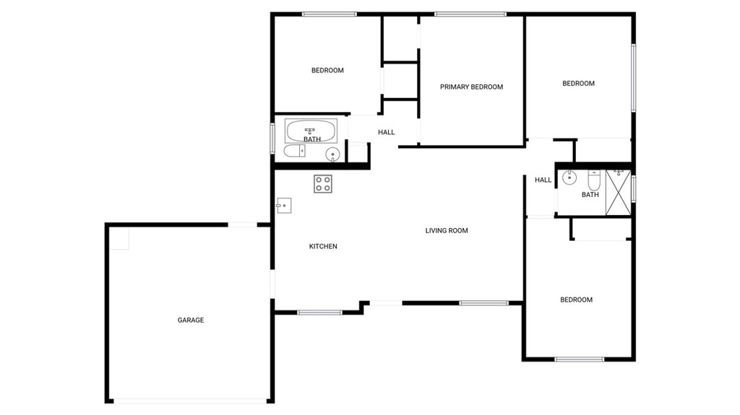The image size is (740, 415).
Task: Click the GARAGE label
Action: tap(191, 320)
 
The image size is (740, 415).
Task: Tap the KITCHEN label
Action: tap(323, 246)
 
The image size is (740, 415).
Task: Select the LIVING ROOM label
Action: tap(447, 231)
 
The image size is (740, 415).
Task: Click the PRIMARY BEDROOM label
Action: tap(471, 87)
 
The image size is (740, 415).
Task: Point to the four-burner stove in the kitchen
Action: tap(323, 184)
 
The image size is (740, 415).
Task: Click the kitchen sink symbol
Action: tap(283, 206)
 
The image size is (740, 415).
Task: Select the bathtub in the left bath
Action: tap(311, 131)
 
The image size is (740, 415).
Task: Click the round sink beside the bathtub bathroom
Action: tap(332, 154)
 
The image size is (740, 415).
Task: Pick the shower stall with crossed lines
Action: tap(619, 193)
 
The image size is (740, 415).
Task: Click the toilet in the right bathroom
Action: tap(594, 180)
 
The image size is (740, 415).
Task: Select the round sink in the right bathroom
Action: tap(569, 178)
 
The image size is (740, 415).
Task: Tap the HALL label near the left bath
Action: tap(387, 133)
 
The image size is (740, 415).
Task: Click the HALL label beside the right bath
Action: tap(543, 180)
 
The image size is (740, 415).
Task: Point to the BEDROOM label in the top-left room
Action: tap(327, 71)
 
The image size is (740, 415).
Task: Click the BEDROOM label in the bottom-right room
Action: tap(576, 300)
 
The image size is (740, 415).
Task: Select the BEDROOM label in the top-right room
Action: tap(579, 84)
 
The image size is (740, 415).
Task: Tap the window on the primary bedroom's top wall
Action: tap(470, 14)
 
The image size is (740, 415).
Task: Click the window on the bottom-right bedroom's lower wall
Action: tap(580, 359)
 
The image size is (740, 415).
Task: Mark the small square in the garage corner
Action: tap(119, 239)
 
